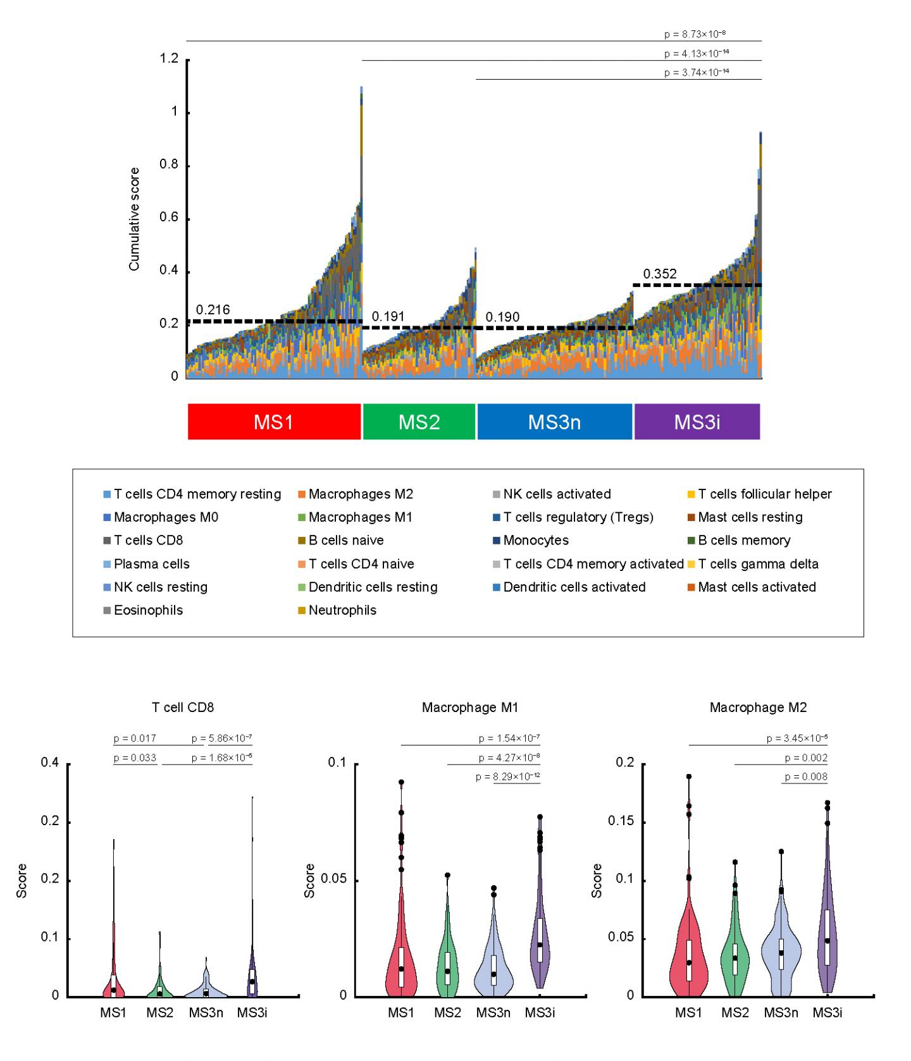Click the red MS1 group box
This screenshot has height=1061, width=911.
(x=274, y=422)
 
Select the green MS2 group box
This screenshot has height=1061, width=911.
(x=419, y=422)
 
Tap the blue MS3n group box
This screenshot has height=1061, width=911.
(x=554, y=422)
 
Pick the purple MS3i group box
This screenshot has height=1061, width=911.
(x=697, y=422)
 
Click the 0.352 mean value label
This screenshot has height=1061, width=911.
(x=660, y=274)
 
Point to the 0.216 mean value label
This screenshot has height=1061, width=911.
(x=213, y=310)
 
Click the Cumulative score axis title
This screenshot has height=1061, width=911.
(x=134, y=219)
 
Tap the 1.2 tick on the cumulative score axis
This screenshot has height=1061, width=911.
(x=169, y=59)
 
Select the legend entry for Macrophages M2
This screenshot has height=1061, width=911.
(x=361, y=494)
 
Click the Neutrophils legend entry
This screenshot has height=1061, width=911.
(x=342, y=610)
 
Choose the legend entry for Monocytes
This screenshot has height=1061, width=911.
(x=536, y=541)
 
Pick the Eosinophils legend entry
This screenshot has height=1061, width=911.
(x=148, y=610)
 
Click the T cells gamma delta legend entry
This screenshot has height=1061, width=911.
(x=758, y=564)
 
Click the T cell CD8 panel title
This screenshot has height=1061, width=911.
(x=183, y=707)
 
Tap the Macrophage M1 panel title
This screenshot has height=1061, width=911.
(x=470, y=707)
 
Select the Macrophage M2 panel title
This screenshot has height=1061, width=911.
(x=758, y=707)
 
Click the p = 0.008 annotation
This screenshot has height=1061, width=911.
(x=806, y=776)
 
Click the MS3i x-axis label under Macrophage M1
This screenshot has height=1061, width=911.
(x=540, y=1012)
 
